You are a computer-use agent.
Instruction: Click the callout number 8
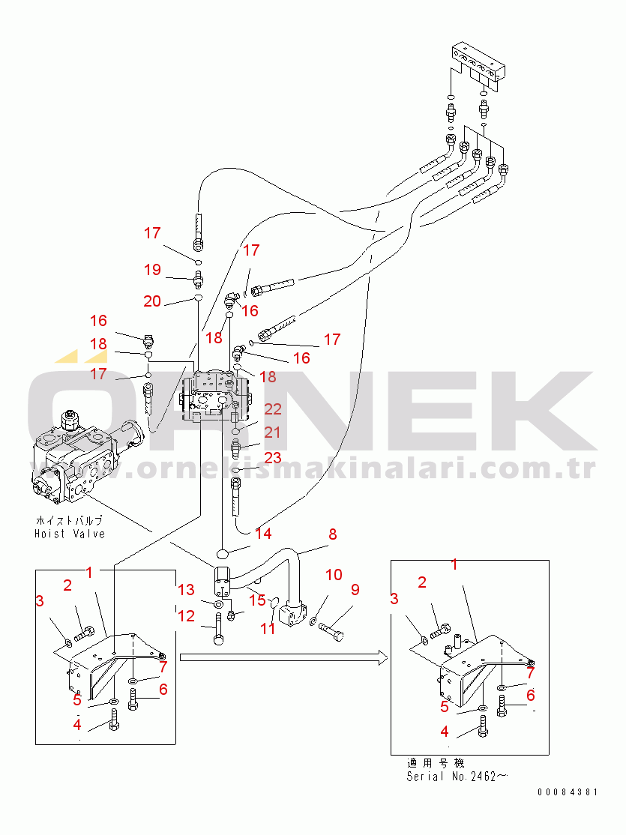point(333,534)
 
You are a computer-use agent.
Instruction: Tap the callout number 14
point(263,534)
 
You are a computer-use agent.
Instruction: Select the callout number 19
point(152,269)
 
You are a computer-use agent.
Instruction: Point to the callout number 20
point(152,301)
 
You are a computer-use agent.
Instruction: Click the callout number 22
point(272,409)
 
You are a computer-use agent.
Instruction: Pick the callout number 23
point(272,457)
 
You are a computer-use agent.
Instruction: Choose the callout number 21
point(272,432)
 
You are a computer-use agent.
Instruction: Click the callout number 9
point(355,590)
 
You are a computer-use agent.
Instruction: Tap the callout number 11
point(268,628)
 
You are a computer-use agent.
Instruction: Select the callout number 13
point(186,590)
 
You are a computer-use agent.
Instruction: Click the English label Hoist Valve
point(70,534)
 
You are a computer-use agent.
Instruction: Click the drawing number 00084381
point(567,792)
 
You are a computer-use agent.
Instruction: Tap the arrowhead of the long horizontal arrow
point(382,657)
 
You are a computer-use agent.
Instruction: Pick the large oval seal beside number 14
point(223,553)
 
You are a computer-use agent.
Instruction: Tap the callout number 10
point(333,575)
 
